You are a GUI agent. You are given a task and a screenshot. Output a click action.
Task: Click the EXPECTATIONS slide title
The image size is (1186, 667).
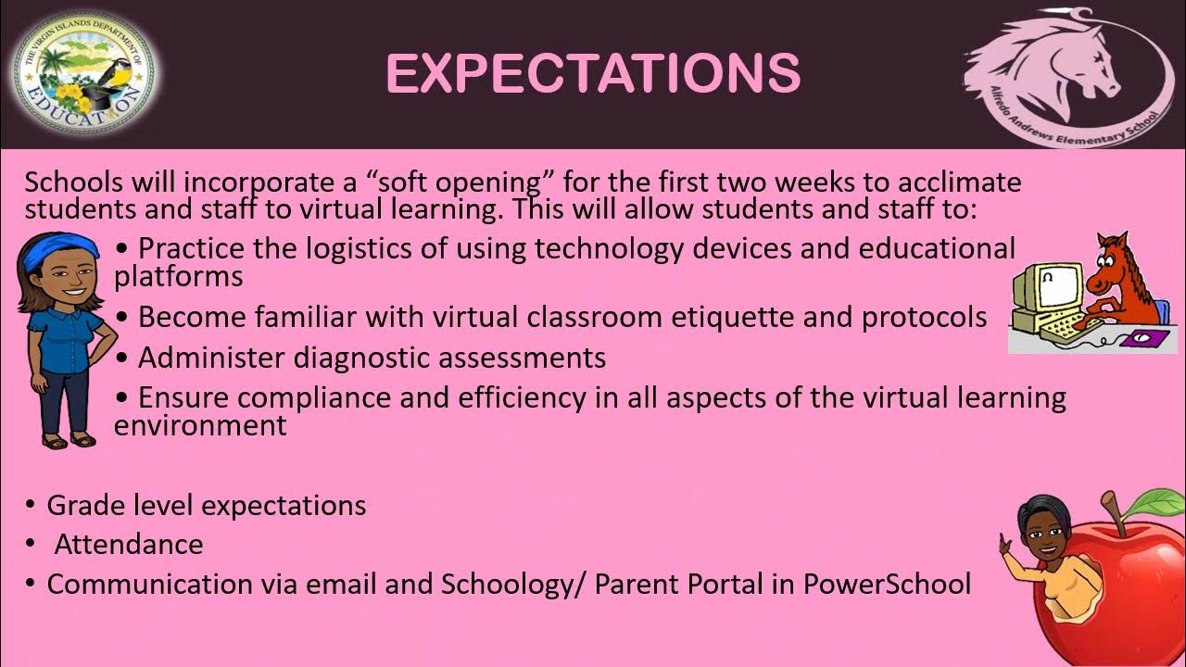click(593, 74)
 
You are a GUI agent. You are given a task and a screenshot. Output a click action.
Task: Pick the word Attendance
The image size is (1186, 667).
click(129, 545)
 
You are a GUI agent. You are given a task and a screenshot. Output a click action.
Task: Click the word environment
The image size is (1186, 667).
click(200, 425)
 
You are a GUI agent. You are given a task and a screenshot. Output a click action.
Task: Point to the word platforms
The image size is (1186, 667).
click(179, 276)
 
